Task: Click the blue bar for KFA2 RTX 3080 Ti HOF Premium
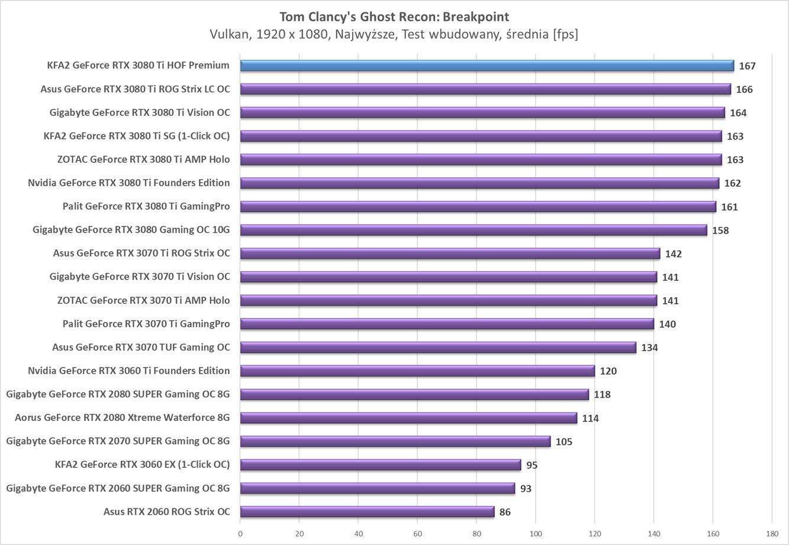(x=487, y=66)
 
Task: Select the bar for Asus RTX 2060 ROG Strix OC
(x=367, y=512)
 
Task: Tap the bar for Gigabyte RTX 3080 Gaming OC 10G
(x=474, y=230)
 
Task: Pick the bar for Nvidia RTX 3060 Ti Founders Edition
(x=417, y=371)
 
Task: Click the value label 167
(x=747, y=66)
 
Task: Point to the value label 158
(x=720, y=231)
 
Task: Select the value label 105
(x=563, y=442)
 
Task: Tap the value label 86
(x=505, y=512)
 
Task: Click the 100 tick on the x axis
(x=536, y=533)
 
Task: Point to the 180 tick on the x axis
(x=771, y=533)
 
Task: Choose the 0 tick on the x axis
(x=240, y=533)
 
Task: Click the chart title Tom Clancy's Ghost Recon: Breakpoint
(x=394, y=17)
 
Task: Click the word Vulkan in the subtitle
(x=230, y=34)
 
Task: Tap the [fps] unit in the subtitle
(x=565, y=34)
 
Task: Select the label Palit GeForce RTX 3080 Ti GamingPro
(x=146, y=206)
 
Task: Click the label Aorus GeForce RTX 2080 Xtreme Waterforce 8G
(x=123, y=418)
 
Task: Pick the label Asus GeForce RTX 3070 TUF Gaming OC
(x=141, y=347)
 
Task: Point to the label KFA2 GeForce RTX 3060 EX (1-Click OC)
(x=142, y=465)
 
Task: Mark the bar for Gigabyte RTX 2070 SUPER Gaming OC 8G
(x=395, y=442)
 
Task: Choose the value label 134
(x=649, y=348)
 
